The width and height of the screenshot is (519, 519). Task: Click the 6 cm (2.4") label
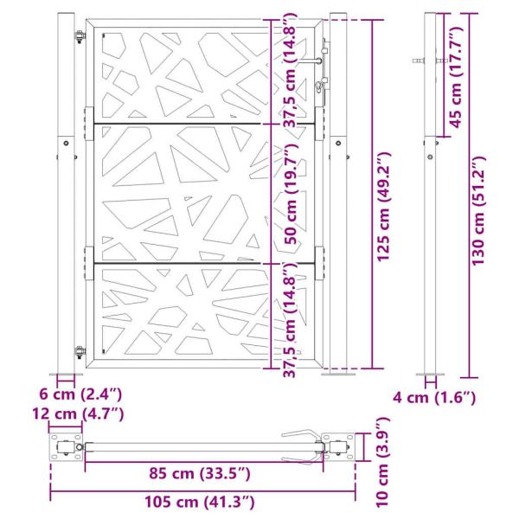(x=86, y=394)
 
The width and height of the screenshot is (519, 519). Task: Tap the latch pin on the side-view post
(x=419, y=61)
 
